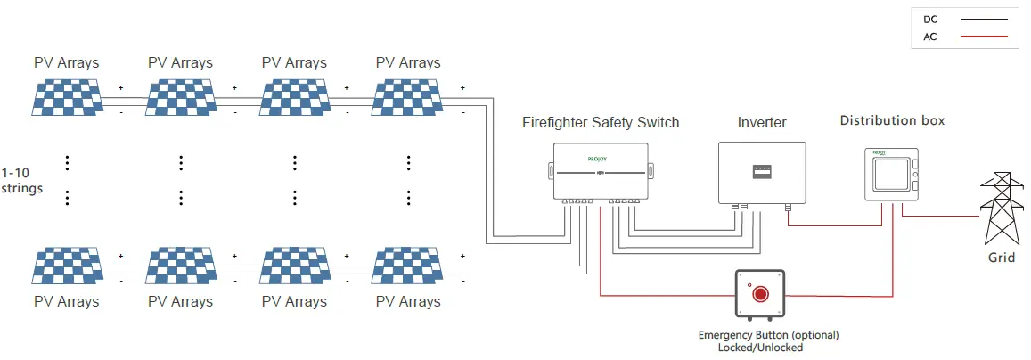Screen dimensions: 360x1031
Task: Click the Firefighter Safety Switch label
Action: pos(601,122)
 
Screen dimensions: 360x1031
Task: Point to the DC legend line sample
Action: pos(978,18)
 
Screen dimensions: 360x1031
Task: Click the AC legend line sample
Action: pos(978,37)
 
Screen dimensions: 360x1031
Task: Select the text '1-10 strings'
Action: pos(22,180)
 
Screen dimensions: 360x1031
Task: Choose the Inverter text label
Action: pos(762,122)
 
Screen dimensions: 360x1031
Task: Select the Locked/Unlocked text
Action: pos(760,348)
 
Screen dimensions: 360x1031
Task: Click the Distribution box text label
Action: pos(892,120)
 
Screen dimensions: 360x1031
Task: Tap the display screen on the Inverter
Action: pos(761,170)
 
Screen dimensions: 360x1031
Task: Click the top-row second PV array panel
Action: pos(180,97)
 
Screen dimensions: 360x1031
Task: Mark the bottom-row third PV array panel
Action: pos(294,266)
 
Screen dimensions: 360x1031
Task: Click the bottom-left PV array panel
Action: pos(66,266)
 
